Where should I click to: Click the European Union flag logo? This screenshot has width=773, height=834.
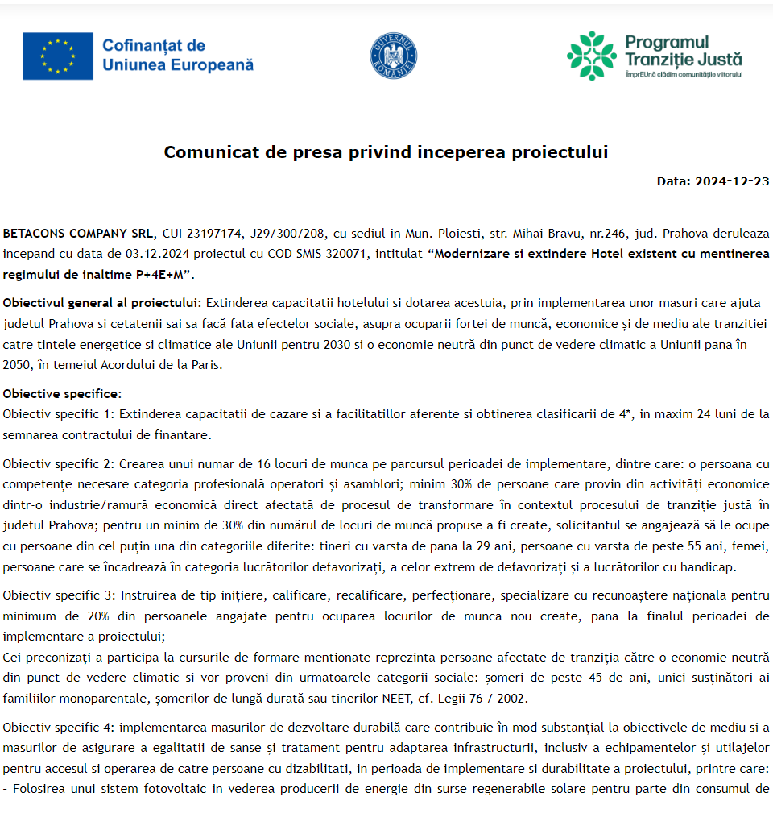[57, 56]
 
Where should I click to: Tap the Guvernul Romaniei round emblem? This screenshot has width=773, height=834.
[393, 56]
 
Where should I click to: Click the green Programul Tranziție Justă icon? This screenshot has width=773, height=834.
[591, 56]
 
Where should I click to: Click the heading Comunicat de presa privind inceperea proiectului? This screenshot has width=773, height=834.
[386, 152]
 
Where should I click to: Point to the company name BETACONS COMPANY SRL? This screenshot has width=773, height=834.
[76, 234]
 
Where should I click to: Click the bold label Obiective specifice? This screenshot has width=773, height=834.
[61, 394]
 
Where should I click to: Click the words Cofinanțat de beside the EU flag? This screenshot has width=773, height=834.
[154, 46]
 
